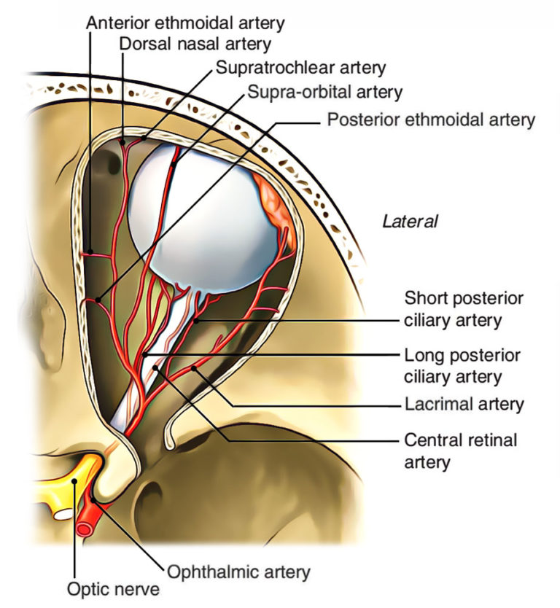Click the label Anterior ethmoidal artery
coord(184,23)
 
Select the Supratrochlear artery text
coord(300,69)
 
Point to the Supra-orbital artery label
coord(324,93)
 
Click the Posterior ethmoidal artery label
coord(431,119)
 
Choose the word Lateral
coord(410,222)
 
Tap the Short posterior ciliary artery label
coord(464,309)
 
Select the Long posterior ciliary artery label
coord(462,366)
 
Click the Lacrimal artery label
coord(464,403)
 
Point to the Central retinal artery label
coord(460,450)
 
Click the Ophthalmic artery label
coord(238,572)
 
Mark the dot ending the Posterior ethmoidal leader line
coord(98,299)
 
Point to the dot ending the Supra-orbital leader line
coord(173,165)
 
